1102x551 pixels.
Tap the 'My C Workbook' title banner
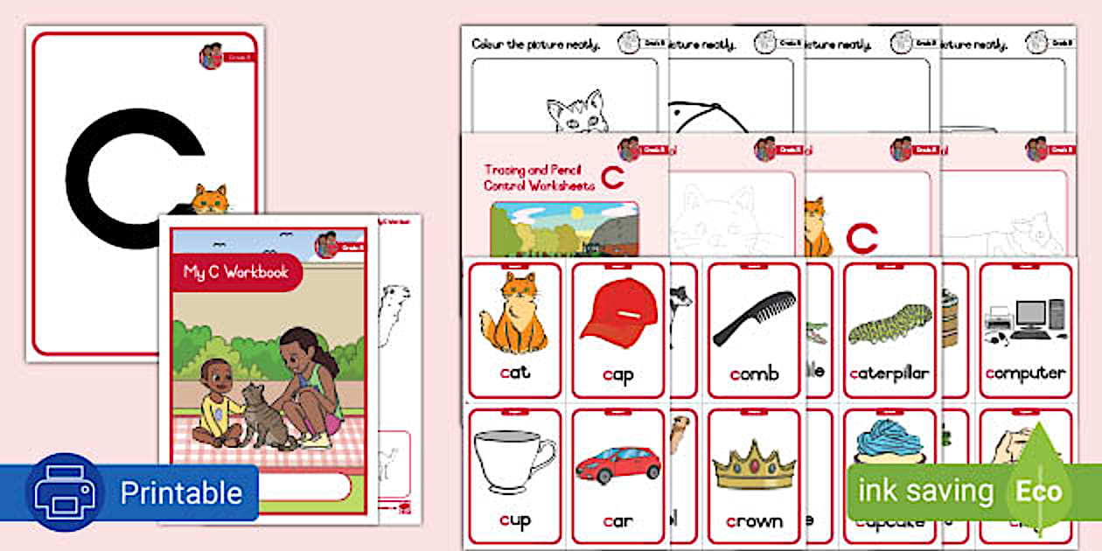[x=235, y=272]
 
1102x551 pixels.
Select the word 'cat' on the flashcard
[x=514, y=373]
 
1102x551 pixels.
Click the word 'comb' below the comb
[x=754, y=373]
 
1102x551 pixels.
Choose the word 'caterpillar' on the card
[x=889, y=373]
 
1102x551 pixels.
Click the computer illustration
[x=1025, y=319]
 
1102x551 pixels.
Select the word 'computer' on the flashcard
[x=1025, y=373]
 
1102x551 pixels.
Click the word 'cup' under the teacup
[x=514, y=521]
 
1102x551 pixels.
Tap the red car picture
[x=618, y=464]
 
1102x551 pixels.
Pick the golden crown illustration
[x=753, y=465]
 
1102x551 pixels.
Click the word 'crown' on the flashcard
[x=754, y=521]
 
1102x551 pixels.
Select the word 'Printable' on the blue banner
[x=180, y=492]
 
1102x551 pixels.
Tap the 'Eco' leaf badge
[x=1038, y=491]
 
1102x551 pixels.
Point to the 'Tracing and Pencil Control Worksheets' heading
[x=539, y=178]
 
